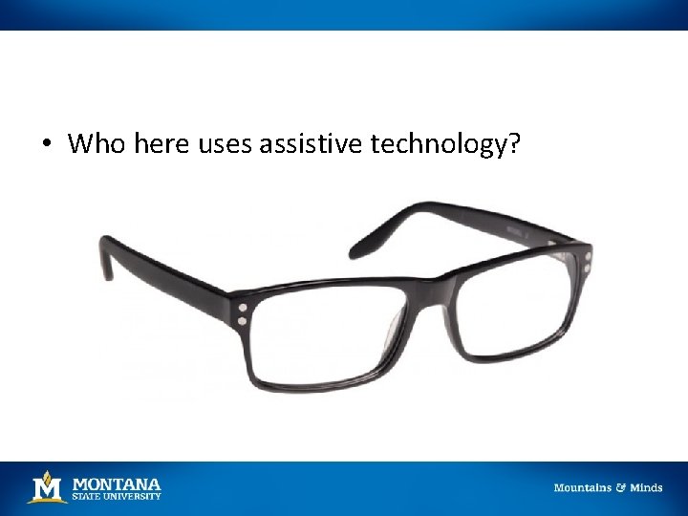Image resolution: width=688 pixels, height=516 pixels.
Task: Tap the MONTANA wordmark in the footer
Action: coord(117,484)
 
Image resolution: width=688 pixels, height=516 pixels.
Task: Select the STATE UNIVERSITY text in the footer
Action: coord(117,496)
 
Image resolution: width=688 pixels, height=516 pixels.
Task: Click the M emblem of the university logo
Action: coord(46,488)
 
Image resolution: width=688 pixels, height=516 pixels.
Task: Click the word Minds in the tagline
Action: coord(646,488)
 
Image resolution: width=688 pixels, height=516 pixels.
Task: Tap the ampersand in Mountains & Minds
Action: coord(620,488)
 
